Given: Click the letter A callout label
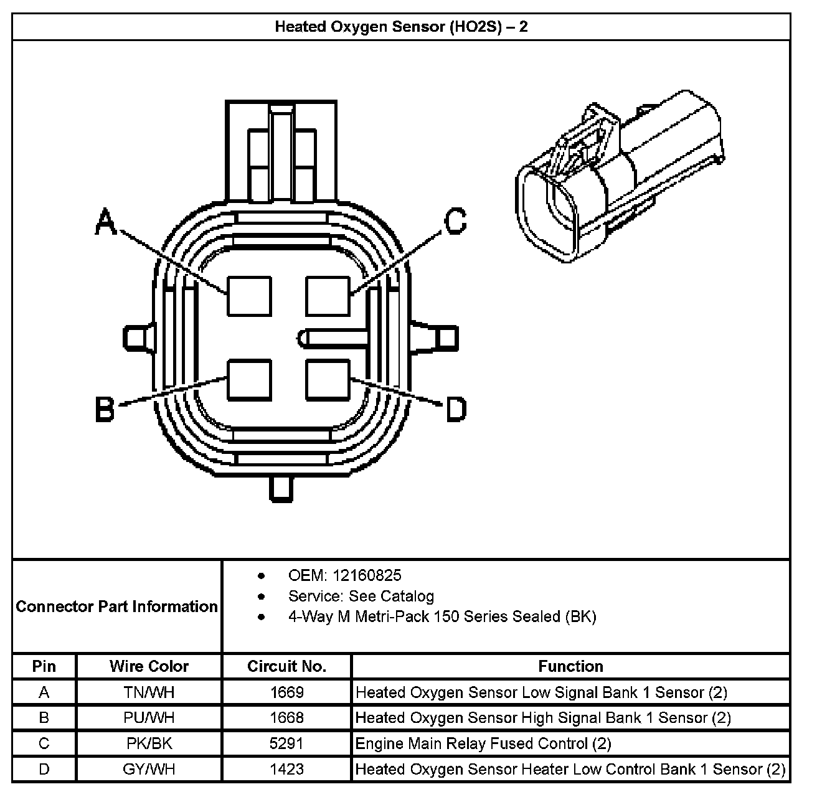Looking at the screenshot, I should point(106,222).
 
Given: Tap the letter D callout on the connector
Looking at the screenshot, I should point(456,410).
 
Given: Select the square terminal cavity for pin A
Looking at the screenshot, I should point(249,296).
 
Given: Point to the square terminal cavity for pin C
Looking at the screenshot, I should point(328,296).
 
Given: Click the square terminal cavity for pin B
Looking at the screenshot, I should point(249,380).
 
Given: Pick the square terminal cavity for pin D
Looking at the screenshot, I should point(328,380).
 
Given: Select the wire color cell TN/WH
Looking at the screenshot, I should point(149,692).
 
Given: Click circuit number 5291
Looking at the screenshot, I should point(286,743).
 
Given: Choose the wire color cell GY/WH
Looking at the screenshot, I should point(149,769).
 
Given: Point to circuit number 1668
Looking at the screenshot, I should point(286,718).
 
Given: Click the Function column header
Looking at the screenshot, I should point(570,666).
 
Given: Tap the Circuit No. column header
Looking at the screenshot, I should point(286,666).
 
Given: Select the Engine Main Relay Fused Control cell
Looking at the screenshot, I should point(483,743).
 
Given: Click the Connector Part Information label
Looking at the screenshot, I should point(117,606).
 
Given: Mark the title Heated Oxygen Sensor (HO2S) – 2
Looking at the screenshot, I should point(401,27).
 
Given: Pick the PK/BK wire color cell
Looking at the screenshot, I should point(149,743).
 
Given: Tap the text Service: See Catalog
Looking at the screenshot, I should point(361,596).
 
